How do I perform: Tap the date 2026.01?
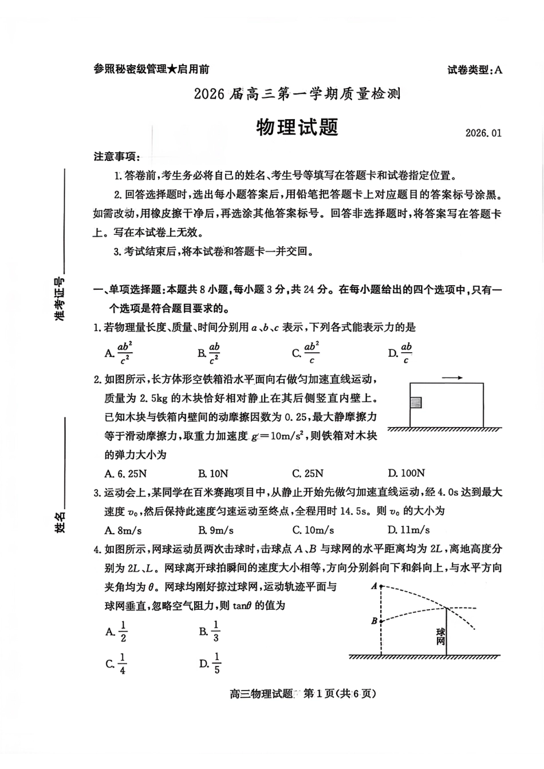(483, 133)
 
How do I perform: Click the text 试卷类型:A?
(474, 70)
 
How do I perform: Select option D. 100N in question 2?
(406, 473)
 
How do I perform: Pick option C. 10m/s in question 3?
(313, 530)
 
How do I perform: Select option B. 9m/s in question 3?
(216, 530)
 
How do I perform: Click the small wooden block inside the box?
(416, 403)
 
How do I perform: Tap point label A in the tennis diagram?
(374, 586)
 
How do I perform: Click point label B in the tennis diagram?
(374, 621)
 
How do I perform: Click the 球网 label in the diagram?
(440, 636)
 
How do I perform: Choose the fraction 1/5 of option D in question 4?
(216, 663)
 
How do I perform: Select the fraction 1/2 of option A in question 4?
(123, 632)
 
